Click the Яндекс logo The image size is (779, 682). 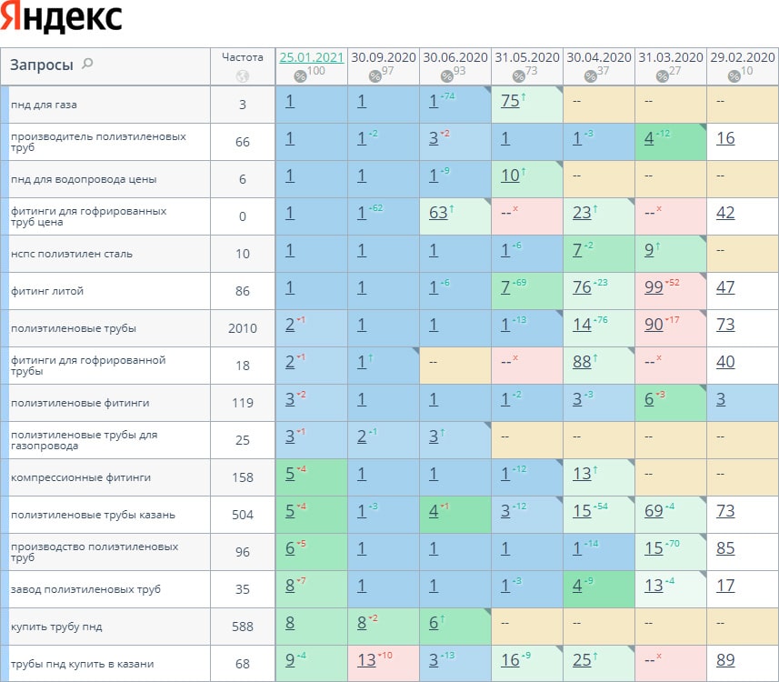click(63, 18)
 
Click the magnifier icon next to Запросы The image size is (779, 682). click(87, 64)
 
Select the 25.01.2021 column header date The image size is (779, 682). click(311, 56)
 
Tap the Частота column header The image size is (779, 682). click(243, 56)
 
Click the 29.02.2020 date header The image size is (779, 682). click(742, 56)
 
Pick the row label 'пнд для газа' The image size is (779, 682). click(44, 105)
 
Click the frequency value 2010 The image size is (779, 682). click(243, 328)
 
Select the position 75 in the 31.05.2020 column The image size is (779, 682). click(510, 101)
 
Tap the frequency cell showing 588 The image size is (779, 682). click(243, 627)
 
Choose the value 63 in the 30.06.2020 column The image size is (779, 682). click(438, 213)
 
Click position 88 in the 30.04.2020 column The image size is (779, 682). click(583, 362)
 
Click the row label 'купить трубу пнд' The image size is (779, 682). click(50, 627)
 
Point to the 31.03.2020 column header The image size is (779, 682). click(670, 56)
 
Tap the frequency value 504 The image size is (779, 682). click(243, 515)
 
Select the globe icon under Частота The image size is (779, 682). click(243, 76)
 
